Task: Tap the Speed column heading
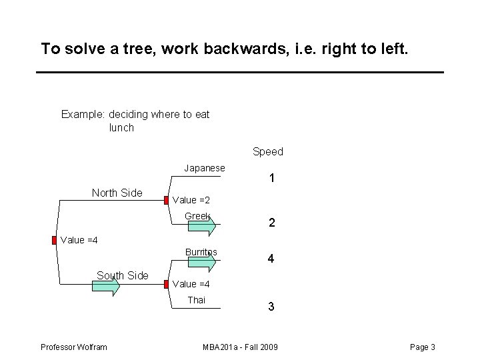click(x=268, y=151)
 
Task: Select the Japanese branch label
click(x=205, y=168)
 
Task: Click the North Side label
click(x=117, y=193)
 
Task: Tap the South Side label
click(x=122, y=275)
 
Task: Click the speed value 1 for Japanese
click(x=271, y=179)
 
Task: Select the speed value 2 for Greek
click(x=271, y=224)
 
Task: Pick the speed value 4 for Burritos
click(x=271, y=259)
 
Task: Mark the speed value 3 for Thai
click(x=271, y=307)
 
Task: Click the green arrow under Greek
click(x=202, y=227)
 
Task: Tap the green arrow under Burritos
click(x=202, y=263)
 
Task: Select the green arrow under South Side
click(x=105, y=287)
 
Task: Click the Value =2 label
click(x=191, y=200)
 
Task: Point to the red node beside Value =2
click(x=166, y=200)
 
